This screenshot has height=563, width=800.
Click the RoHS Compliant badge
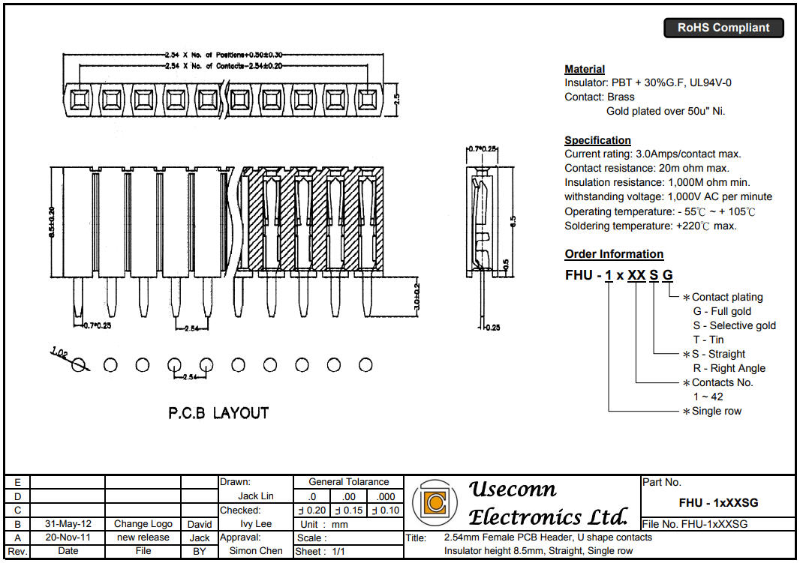coord(723,28)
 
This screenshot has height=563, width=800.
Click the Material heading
coord(585,69)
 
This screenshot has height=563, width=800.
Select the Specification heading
coord(597,140)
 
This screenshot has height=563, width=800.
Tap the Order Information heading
coord(614,254)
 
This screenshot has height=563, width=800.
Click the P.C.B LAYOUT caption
coord(218,413)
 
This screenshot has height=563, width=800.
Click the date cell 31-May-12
coord(68,524)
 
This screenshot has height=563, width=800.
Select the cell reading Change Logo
coord(143,524)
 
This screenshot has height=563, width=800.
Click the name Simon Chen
coord(256,551)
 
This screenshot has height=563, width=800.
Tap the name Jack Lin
coord(256,496)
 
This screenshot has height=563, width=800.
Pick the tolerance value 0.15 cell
coord(347,511)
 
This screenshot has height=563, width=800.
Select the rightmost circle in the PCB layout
coord(365,365)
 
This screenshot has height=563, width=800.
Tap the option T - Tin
coord(708,340)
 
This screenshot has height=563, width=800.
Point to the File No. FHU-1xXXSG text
coord(695,524)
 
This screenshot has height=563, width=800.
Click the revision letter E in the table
coord(17,483)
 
